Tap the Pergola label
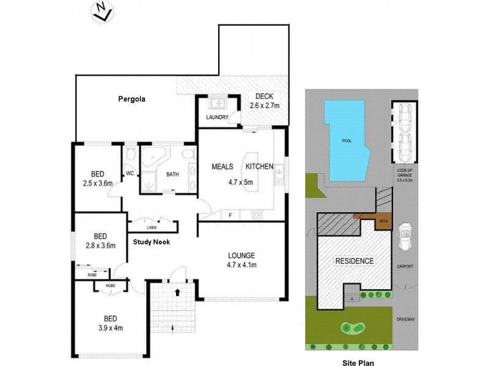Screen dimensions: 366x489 pos(132,98)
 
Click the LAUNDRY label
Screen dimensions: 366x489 pos(217,117)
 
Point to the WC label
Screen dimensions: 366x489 pos(130,174)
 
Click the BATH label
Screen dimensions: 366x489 pos(172,174)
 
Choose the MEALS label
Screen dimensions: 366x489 pos(223,167)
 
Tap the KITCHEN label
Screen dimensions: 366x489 pos(260,167)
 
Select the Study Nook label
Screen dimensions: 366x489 pos(152,242)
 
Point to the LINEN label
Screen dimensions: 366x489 pos(151,228)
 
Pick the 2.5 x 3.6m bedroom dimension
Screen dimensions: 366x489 pos(98,182)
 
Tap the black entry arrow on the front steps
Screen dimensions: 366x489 pos(177,292)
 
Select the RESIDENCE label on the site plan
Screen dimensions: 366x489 pos(354,261)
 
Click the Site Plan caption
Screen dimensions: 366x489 pos(358,361)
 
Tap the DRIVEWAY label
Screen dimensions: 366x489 pos(405,318)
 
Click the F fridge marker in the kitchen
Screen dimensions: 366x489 pos(229,215)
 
